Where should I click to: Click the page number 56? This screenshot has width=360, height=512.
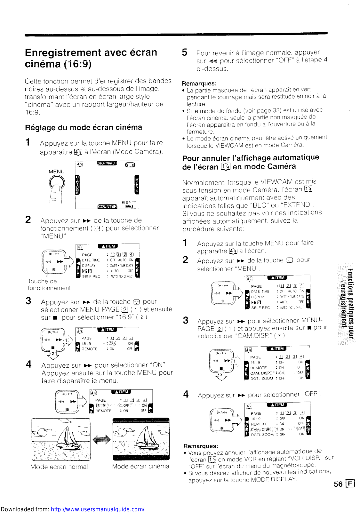(x=338, y=484)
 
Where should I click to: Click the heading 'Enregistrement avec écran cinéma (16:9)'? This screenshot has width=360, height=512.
(x=91, y=58)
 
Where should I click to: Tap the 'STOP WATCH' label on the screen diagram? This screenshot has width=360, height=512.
(x=107, y=163)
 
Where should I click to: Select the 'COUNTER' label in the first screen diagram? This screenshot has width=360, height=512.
(x=107, y=206)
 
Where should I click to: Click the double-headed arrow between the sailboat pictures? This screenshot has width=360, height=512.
(x=101, y=439)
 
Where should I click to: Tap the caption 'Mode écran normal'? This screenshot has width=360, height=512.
(x=59, y=467)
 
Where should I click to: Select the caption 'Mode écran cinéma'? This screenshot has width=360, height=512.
(x=140, y=466)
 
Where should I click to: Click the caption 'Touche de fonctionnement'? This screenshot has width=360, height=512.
(x=49, y=284)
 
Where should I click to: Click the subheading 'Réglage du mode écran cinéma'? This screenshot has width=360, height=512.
(x=84, y=127)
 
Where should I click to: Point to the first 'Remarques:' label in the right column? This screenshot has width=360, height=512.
(x=199, y=84)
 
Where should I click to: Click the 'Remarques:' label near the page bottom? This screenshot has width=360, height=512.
(x=201, y=446)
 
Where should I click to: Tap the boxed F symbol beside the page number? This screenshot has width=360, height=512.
(x=350, y=484)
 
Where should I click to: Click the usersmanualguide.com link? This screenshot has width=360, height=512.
(x=98, y=509)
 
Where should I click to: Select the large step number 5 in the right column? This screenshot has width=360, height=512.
(x=184, y=52)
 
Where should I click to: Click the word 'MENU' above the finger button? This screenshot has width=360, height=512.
(x=57, y=172)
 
